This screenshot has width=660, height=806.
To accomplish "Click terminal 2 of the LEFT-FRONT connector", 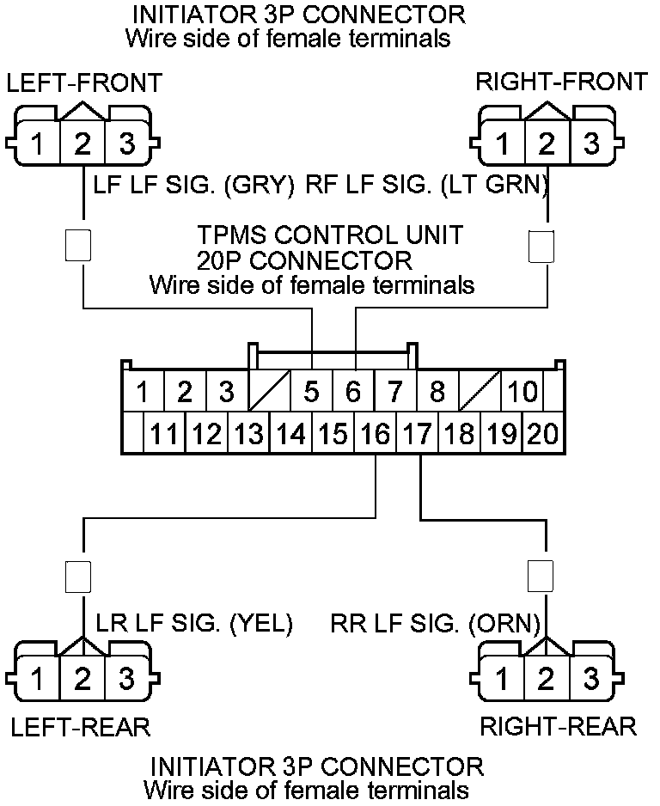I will tap(82, 143).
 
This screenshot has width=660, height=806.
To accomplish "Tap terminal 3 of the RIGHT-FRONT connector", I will tap(590, 143).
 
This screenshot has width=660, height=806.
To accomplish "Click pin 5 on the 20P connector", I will tap(311, 393).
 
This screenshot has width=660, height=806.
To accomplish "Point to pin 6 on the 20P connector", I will tap(353, 393).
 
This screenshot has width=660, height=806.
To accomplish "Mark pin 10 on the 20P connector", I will tap(522, 393).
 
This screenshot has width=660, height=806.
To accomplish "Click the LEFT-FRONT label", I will tap(83, 82).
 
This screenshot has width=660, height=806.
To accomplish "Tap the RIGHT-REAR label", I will tap(558, 726).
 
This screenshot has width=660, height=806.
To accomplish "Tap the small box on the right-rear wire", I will tap(541, 576).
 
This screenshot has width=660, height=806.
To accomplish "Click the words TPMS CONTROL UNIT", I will tap(331, 234).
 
